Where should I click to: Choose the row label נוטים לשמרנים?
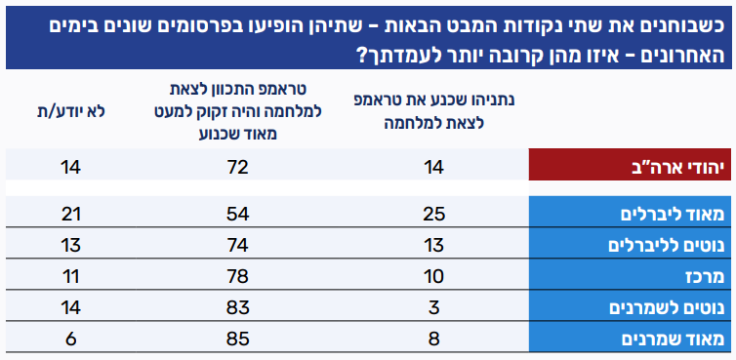coord(667,308)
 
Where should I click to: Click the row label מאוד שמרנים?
coord(673,340)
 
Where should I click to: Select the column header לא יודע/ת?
coord(71,112)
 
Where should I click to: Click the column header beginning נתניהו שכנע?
coord(433,112)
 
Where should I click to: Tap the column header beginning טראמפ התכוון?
coord(237,112)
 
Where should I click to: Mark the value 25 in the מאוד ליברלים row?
coord(433,215)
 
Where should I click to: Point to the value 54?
coord(237,215)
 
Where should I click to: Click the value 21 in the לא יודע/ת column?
coord(71,215)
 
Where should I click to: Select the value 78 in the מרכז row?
coord(237,277)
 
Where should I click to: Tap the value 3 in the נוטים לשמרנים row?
coord(433,308)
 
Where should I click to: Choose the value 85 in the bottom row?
coord(237,340)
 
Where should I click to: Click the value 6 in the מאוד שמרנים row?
coord(71,340)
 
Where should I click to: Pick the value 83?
coord(237,308)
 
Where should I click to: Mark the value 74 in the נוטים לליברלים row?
coord(237,246)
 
